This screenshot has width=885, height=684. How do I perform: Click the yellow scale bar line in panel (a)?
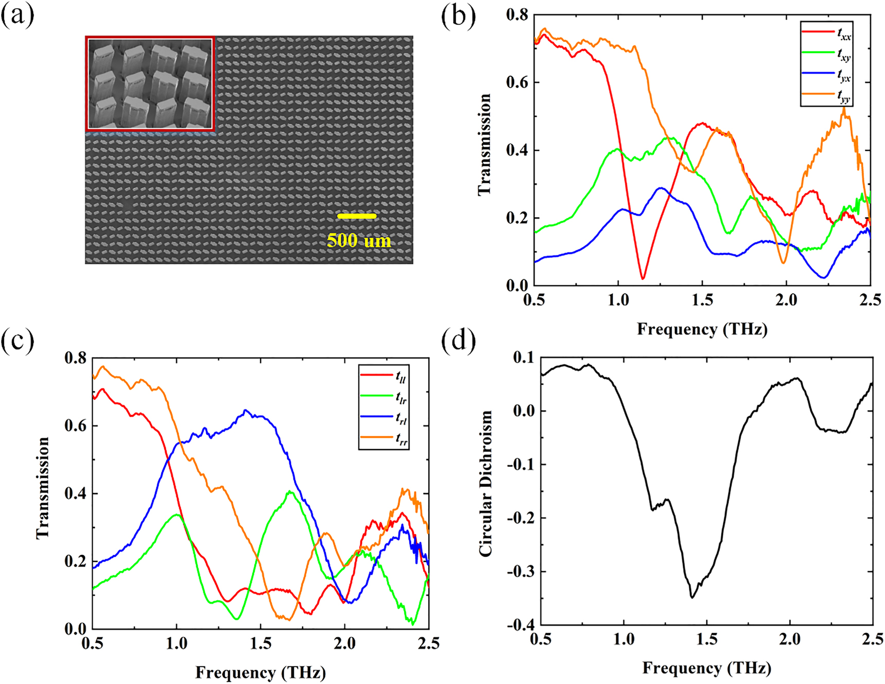point(356,216)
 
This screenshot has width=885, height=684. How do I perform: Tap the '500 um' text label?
point(359,241)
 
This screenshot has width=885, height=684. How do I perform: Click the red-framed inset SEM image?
point(150,83)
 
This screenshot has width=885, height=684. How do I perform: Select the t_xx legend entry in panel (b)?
point(827,33)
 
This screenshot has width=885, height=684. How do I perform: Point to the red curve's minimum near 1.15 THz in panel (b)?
point(643,278)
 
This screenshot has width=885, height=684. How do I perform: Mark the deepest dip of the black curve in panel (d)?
point(692,597)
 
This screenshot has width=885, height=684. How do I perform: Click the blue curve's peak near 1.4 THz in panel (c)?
point(246,411)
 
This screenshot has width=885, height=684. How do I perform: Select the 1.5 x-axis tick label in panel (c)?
point(261,644)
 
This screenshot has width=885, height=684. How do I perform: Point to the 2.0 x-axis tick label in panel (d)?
point(789,640)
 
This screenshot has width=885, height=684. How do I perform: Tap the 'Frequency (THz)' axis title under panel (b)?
point(702,329)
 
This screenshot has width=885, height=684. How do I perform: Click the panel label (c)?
point(18,340)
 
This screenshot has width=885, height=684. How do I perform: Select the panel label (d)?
point(458,340)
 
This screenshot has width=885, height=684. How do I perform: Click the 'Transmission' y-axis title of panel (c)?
point(43,488)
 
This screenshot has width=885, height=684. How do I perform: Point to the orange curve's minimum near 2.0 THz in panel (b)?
point(783,263)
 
